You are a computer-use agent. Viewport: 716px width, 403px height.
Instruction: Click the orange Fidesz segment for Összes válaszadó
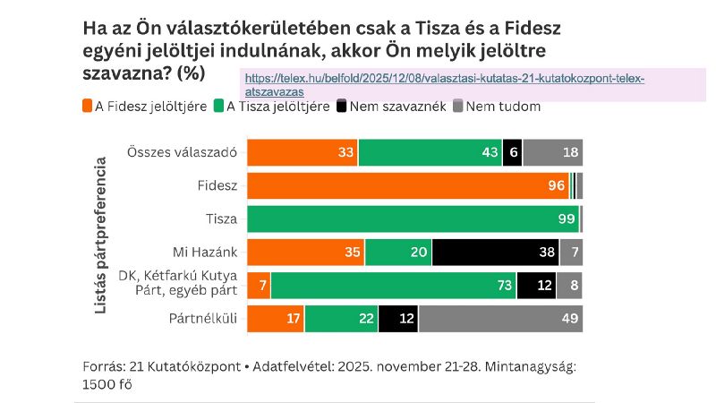[302, 152]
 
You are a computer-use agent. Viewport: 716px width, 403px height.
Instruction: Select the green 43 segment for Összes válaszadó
[430, 152]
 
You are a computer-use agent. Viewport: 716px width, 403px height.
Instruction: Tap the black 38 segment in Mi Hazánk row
[495, 253]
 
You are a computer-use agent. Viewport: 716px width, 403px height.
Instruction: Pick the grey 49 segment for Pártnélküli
[500, 319]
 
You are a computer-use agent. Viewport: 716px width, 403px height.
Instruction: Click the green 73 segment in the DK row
[393, 286]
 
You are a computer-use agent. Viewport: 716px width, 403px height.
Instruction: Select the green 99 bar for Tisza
[413, 219]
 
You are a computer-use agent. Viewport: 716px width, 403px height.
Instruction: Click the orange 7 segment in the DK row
[259, 286]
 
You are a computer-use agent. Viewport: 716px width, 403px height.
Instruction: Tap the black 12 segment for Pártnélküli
[398, 319]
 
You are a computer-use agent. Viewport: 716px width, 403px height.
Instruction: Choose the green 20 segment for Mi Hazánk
[398, 253]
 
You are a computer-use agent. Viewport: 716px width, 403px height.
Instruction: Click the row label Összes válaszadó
[182, 152]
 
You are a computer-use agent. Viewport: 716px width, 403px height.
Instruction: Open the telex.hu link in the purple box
[444, 84]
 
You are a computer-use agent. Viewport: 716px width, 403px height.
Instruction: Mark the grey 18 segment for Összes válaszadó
[552, 152]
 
